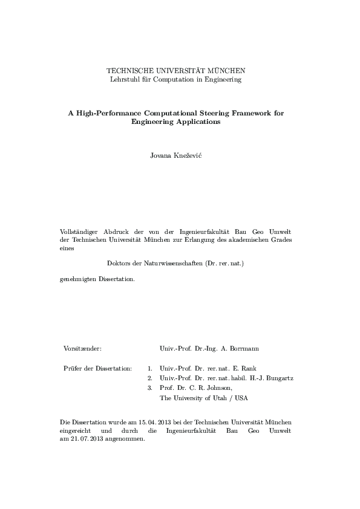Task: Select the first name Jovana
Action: [161, 156]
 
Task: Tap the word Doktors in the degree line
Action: [119, 264]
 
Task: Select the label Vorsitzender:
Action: [82, 349]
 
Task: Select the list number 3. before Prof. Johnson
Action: [149, 388]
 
